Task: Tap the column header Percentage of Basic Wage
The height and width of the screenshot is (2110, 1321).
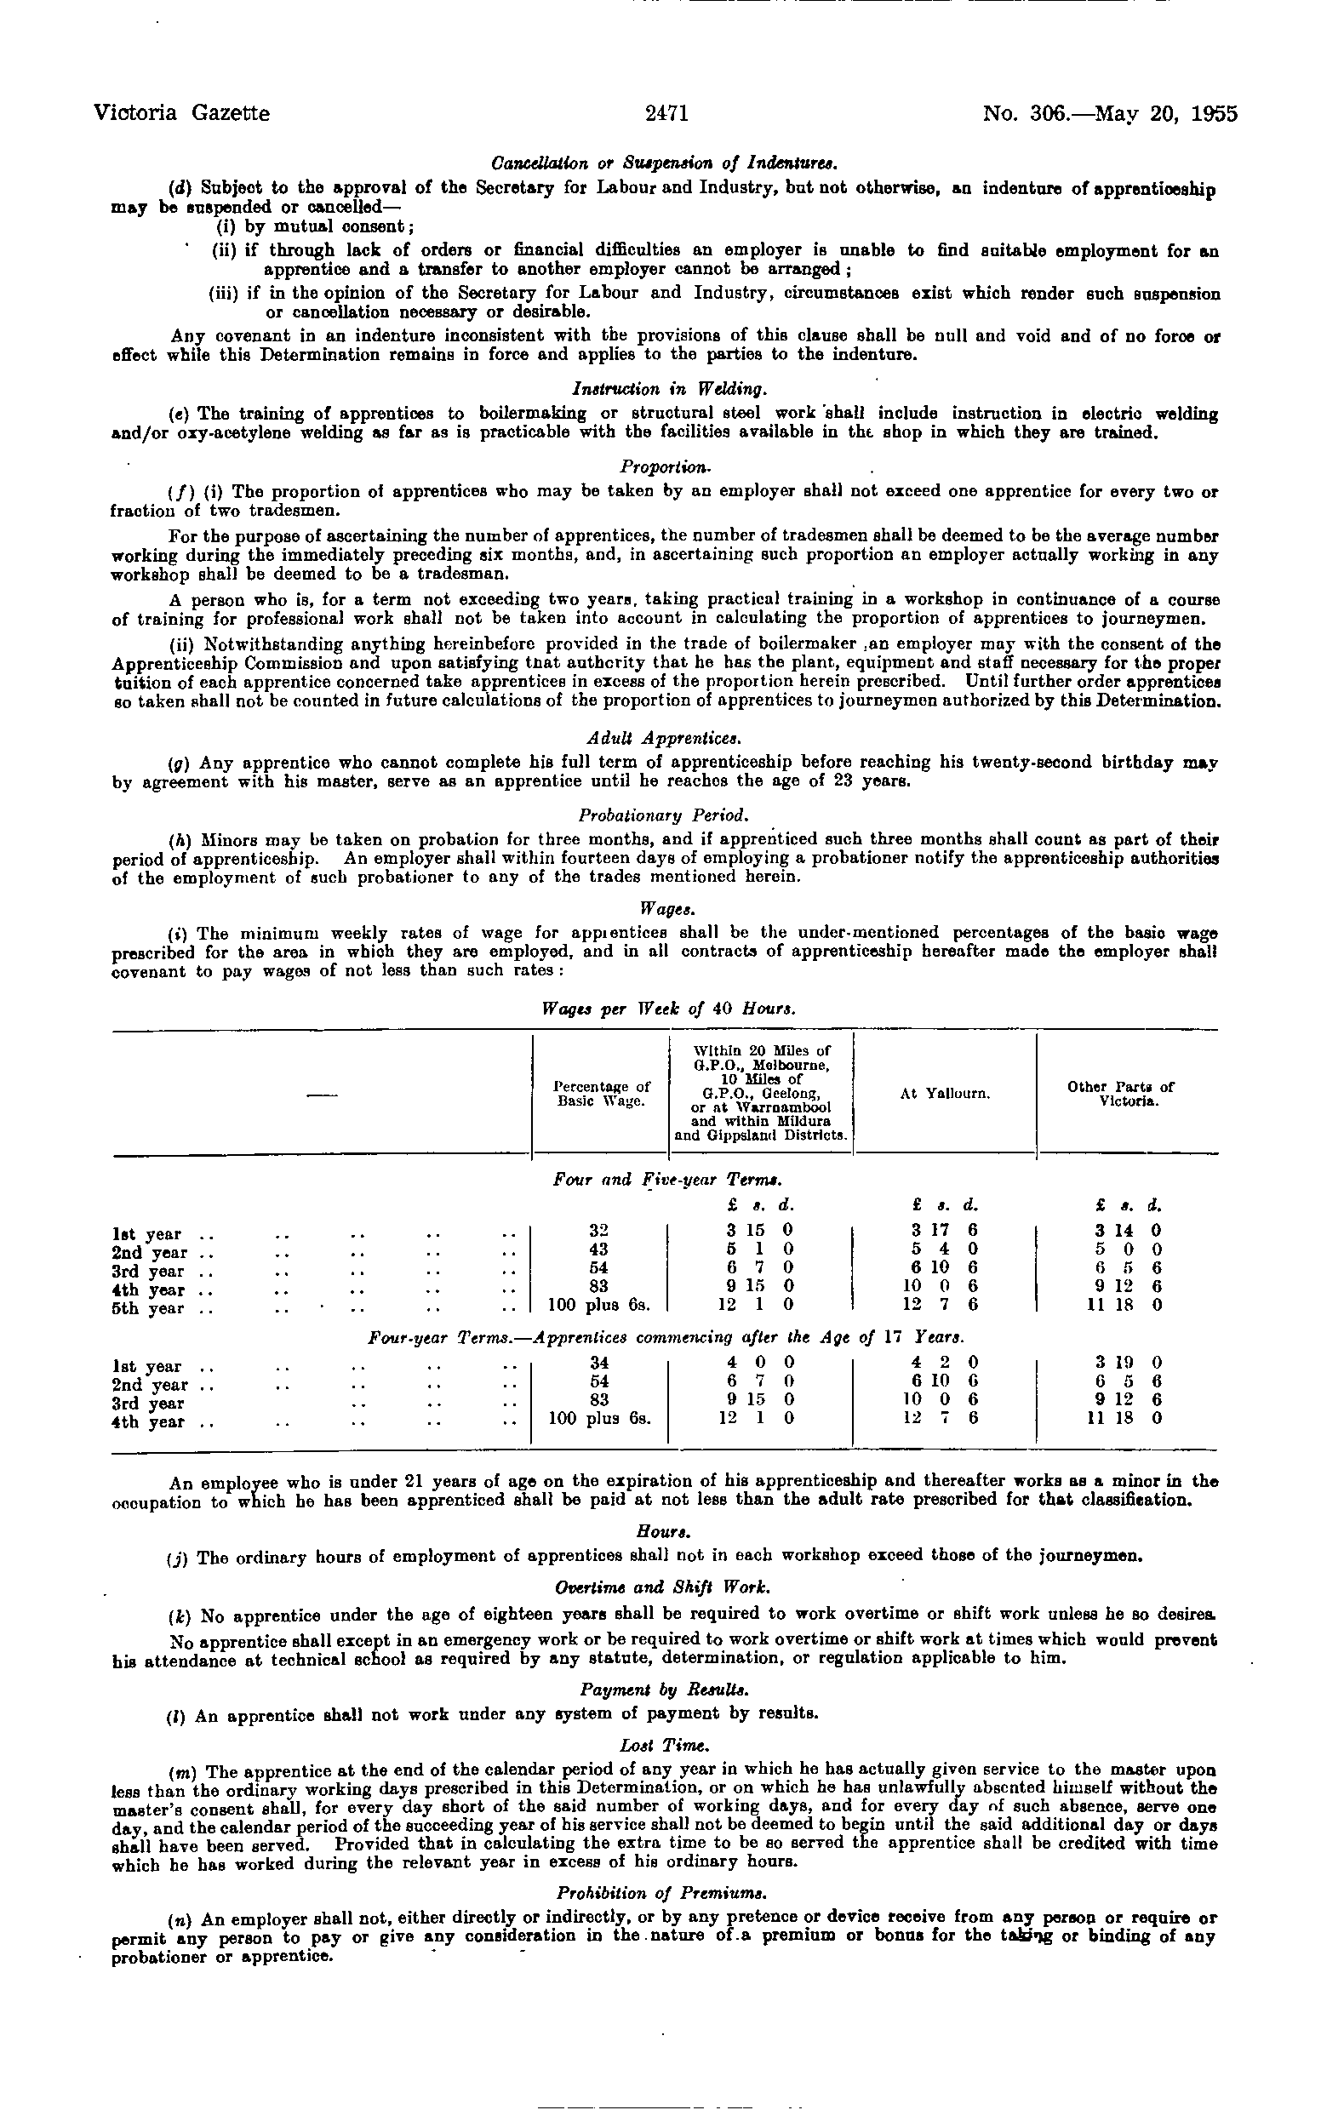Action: point(603,1093)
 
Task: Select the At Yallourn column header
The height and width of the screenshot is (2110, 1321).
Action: point(945,1093)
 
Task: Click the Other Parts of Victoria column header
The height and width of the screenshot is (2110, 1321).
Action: point(1128,1093)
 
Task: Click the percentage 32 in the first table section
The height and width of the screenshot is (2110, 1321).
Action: point(599,1230)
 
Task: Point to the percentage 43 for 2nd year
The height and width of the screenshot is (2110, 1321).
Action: point(599,1249)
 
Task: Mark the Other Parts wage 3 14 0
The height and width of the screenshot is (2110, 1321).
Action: point(1128,1230)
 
